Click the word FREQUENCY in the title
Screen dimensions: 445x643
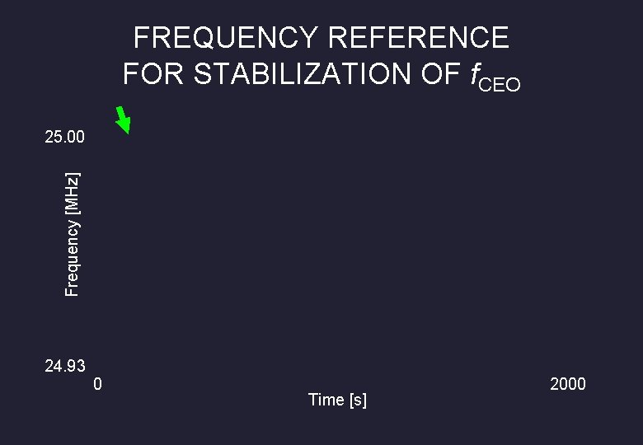[225, 38]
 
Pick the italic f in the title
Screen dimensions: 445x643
[474, 75]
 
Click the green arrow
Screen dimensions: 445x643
[123, 119]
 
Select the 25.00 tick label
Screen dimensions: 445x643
[64, 137]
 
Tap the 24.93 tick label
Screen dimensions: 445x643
[64, 366]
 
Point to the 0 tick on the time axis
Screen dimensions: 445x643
[98, 384]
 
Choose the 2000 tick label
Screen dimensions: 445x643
[568, 384]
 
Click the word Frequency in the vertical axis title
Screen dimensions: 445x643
[73, 255]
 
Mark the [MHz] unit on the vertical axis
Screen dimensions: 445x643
[73, 192]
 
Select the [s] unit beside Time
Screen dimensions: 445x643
[359, 400]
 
